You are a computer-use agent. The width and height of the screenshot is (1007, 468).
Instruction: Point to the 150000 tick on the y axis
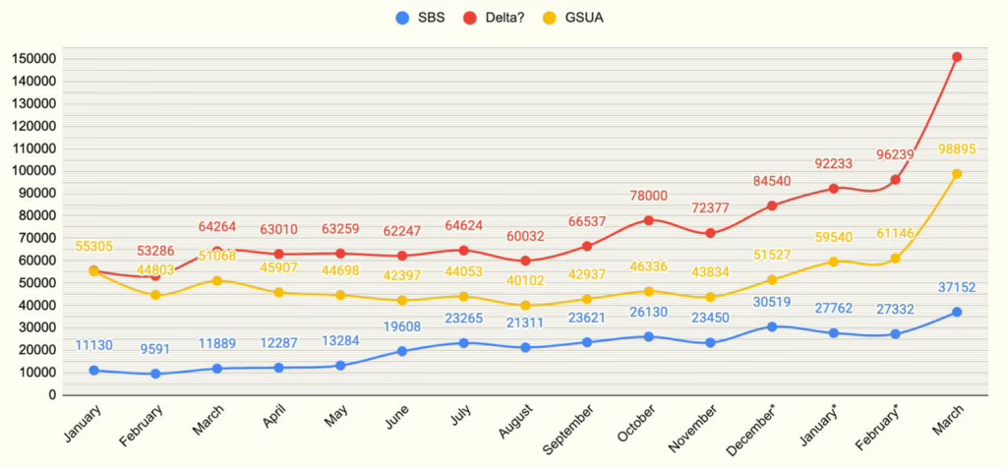point(33,59)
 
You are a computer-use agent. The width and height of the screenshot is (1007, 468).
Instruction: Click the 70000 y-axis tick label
point(36,238)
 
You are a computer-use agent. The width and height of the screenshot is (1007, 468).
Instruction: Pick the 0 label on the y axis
point(50,395)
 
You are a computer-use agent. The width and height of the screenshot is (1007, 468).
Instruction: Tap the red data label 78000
point(648,197)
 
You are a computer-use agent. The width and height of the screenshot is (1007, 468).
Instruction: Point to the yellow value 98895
point(956,148)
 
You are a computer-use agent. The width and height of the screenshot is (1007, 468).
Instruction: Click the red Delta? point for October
point(648,220)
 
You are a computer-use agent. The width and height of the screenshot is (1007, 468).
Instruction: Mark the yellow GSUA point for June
point(402,300)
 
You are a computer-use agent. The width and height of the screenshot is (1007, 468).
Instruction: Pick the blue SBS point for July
point(463,342)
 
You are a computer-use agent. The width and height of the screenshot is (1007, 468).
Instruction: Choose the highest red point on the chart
point(956,57)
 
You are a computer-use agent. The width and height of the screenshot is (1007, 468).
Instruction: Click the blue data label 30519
point(771,302)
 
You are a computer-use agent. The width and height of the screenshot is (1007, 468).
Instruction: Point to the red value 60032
point(525,237)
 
